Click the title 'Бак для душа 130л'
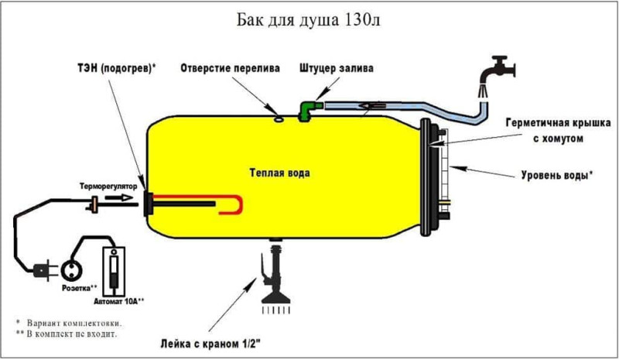[308, 20]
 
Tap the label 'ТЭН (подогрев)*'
[117, 68]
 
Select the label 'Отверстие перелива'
[230, 68]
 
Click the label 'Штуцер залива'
[337, 68]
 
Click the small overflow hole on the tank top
[279, 118]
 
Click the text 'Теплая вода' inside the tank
[279, 173]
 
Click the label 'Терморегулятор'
[108, 186]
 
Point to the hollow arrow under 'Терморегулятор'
[120, 197]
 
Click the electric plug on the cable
[41, 271]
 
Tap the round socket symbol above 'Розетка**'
[72, 271]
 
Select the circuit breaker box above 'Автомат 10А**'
[114, 272]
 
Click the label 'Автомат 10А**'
[119, 301]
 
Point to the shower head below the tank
[275, 283]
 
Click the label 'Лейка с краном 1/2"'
[210, 344]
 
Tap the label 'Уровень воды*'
[556, 175]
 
